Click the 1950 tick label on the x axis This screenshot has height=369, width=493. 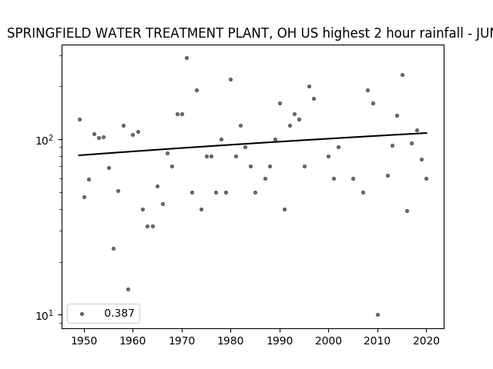click(84, 341)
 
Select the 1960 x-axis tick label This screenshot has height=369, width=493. click(132, 341)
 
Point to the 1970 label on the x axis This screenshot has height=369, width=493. click(182, 341)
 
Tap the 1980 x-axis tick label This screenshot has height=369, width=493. click(230, 341)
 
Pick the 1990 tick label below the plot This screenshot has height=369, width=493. click(280, 341)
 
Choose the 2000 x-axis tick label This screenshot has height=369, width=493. click(328, 341)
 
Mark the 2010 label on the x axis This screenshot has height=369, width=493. click(377, 341)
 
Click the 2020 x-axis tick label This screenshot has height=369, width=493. click(426, 341)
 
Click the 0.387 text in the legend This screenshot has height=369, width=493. click(119, 313)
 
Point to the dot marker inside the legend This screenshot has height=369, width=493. click(82, 314)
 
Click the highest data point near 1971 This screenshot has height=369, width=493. click(186, 58)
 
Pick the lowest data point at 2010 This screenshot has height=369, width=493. click(377, 314)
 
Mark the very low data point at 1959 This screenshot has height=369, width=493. click(129, 289)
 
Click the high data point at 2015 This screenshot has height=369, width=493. click(402, 75)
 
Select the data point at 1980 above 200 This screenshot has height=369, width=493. click(231, 80)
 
